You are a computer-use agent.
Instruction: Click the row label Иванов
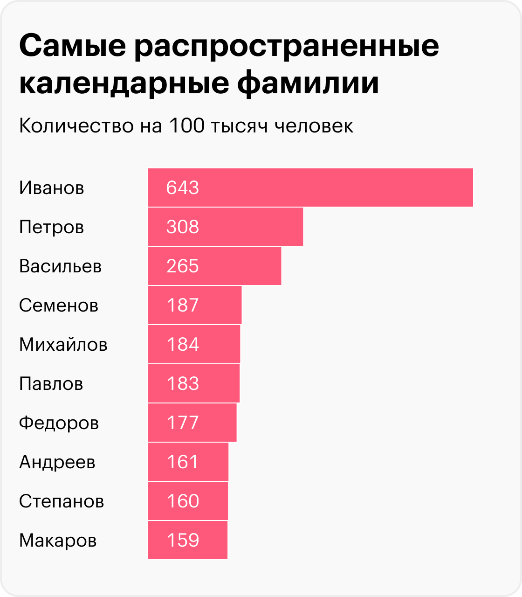[52, 187]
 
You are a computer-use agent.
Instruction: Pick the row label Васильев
[61, 266]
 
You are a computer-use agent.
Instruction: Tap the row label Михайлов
[63, 344]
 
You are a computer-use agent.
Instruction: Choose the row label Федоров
[59, 423]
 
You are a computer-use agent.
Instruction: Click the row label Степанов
[62, 501]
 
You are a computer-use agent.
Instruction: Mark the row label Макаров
[58, 540]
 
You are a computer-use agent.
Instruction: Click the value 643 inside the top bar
[182, 187]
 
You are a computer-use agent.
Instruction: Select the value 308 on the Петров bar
[182, 227]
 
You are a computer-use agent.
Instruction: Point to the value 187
[182, 305]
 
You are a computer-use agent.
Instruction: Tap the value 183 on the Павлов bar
[182, 383]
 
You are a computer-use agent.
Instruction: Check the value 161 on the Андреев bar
[182, 462]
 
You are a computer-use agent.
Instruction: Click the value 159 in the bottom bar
[182, 540]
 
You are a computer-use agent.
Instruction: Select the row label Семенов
[59, 305]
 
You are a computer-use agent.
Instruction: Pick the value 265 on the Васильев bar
[182, 266]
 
